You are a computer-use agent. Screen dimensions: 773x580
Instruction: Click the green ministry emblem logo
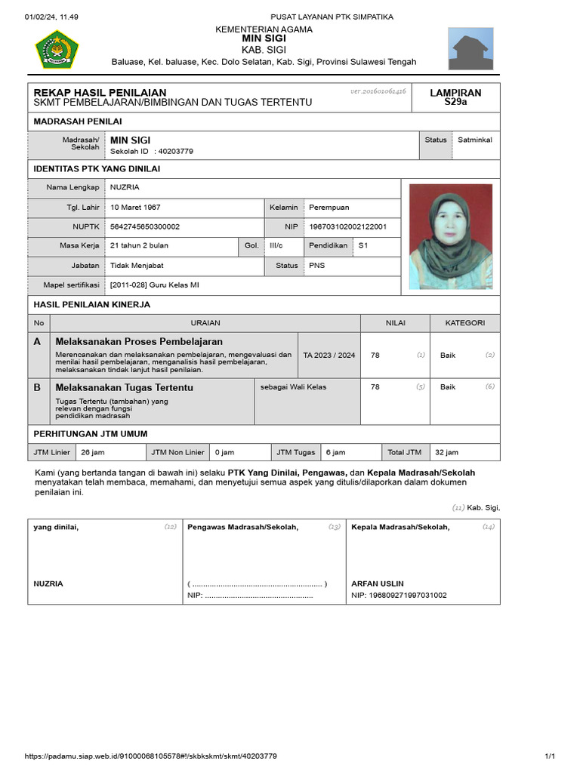tap(57, 49)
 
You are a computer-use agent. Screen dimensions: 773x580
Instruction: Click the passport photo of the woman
tap(450, 236)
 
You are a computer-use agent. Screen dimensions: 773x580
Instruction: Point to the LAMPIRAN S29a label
tap(455, 97)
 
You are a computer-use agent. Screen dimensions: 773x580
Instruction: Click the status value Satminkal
tap(474, 140)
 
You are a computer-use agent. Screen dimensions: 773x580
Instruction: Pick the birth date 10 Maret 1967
tap(135, 207)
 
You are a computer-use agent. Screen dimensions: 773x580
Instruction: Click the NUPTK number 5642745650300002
tap(145, 226)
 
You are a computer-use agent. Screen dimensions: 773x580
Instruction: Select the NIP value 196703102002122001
tap(348, 226)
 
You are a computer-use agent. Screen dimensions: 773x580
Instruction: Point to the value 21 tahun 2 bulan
tap(139, 245)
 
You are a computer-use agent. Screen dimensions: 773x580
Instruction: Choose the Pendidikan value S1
tap(362, 245)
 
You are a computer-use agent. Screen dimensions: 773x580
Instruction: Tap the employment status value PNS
tap(317, 266)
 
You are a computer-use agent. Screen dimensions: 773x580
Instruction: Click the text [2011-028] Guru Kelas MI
tap(155, 285)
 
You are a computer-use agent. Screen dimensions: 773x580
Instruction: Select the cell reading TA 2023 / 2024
tap(329, 355)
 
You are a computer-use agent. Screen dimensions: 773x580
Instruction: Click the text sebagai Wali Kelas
tap(293, 387)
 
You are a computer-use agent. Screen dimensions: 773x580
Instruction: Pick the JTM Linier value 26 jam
tap(92, 452)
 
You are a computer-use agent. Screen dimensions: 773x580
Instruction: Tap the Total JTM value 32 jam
tap(446, 452)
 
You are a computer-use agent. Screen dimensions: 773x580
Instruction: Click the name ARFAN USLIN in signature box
tap(378, 584)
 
